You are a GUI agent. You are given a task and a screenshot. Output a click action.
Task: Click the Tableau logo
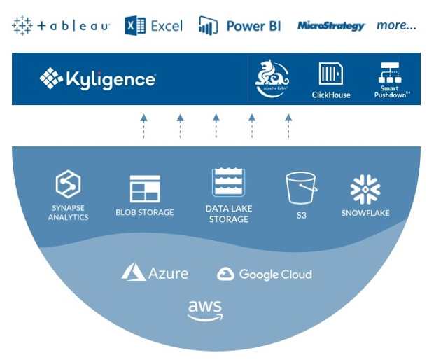click(x=61, y=26)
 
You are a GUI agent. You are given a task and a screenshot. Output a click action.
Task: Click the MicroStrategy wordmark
click(x=331, y=26)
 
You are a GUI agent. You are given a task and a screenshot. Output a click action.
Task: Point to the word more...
click(x=396, y=26)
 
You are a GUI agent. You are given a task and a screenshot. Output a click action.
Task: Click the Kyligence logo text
click(x=98, y=78)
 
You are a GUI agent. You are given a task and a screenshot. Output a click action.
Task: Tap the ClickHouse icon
click(x=331, y=74)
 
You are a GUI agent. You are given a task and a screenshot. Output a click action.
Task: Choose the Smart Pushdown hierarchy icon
click(x=388, y=73)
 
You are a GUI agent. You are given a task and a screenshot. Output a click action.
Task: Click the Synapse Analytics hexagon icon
click(x=68, y=186)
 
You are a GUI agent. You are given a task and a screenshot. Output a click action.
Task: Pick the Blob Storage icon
click(x=145, y=189)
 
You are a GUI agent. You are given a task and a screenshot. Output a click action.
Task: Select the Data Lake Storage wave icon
click(x=227, y=183)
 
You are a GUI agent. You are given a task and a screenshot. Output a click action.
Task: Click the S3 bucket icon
click(x=301, y=188)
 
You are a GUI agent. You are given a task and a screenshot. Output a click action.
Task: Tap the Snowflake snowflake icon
click(x=365, y=189)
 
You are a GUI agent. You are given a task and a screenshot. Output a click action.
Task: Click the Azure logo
click(x=155, y=272)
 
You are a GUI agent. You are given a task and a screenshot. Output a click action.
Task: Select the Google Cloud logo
click(x=264, y=274)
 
